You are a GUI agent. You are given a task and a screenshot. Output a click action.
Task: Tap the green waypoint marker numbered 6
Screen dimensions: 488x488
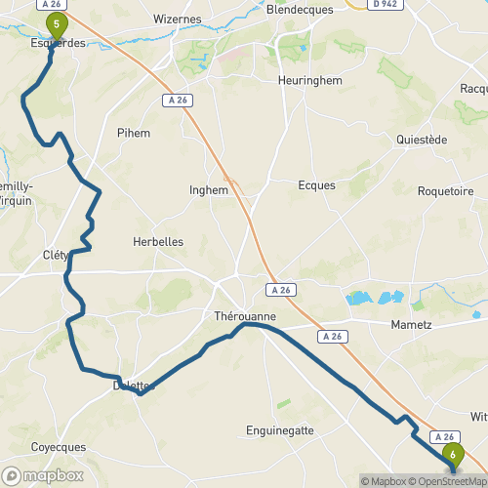click(x=453, y=454)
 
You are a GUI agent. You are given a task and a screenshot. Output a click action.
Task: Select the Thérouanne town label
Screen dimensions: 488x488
click(x=245, y=317)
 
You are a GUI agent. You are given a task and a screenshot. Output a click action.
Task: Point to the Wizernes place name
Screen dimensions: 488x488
click(x=178, y=19)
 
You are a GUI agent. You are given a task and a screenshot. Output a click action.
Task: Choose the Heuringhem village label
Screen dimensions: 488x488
click(x=307, y=80)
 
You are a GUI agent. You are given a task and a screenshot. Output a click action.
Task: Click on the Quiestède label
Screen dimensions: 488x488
click(x=422, y=140)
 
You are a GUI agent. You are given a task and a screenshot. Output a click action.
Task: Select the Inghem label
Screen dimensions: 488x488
click(x=209, y=191)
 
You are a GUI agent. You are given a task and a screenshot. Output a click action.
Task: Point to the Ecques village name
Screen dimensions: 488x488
click(x=316, y=184)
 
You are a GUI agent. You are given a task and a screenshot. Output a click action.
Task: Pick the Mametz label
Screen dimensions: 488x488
click(x=410, y=324)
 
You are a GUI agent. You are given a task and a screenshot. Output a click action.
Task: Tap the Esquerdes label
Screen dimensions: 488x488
click(x=58, y=43)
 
